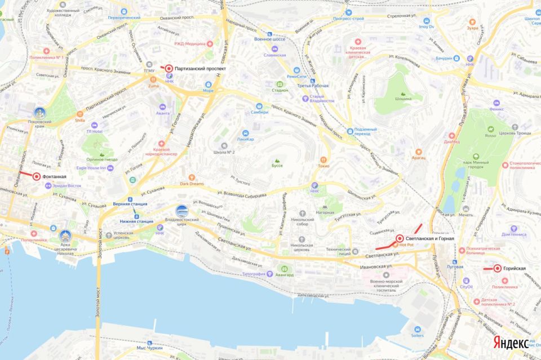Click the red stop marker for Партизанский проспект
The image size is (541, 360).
[168, 68]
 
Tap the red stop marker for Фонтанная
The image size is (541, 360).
[37, 176]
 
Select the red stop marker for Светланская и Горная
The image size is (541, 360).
[399, 238]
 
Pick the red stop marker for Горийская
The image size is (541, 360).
[498, 269]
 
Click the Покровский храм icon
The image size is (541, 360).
[39, 113]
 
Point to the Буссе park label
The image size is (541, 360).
[277, 166]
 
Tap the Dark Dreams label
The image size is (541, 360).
[192, 183]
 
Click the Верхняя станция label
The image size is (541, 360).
[130, 203]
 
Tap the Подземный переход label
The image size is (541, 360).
[362, 134]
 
